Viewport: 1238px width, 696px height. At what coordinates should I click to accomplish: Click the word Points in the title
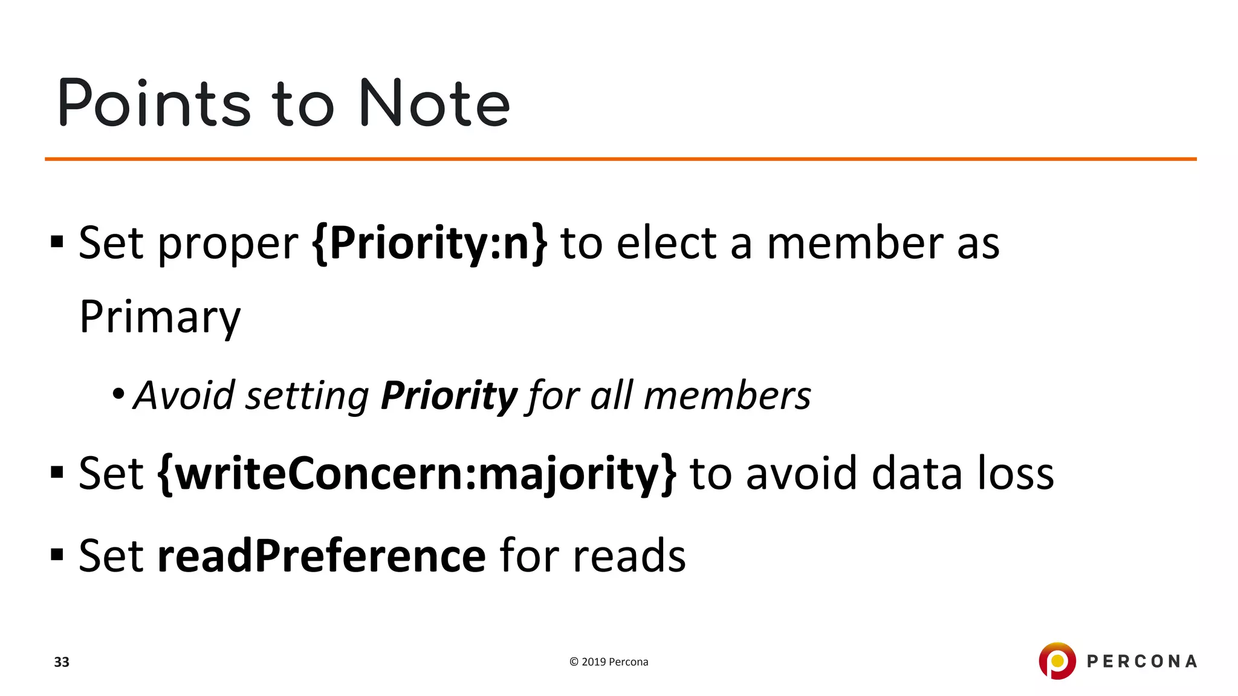pyautogui.click(x=154, y=104)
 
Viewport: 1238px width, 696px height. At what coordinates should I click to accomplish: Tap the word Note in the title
pyautogui.click(x=434, y=104)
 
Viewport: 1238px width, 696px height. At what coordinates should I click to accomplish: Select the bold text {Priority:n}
pyautogui.click(x=430, y=243)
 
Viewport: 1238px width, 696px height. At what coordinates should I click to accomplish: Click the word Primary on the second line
pyautogui.click(x=160, y=317)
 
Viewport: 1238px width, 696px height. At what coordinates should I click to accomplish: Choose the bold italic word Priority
pyautogui.click(x=449, y=396)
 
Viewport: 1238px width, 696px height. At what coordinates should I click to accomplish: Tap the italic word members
pyautogui.click(x=727, y=396)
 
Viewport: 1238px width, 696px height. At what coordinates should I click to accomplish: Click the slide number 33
pyautogui.click(x=62, y=662)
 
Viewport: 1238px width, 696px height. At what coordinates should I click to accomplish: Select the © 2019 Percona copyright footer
pyautogui.click(x=609, y=662)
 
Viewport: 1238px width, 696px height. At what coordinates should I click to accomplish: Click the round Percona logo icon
pyautogui.click(x=1057, y=661)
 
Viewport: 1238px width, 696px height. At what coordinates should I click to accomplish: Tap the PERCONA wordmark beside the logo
pyautogui.click(x=1142, y=662)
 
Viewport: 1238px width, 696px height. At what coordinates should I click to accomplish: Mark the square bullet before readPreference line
pyautogui.click(x=57, y=555)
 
